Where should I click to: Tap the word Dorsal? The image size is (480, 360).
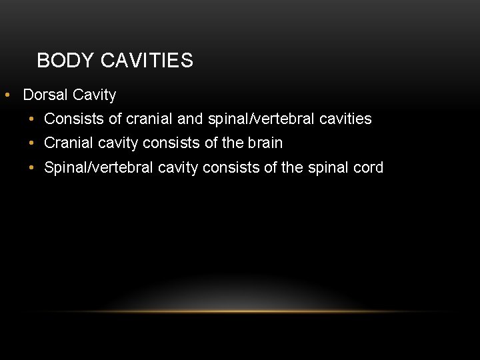coord(45,95)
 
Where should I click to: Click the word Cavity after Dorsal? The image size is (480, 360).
coord(94,95)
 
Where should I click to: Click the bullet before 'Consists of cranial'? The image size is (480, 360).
coord(32,119)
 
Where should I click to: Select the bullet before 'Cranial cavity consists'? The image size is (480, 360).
coord(32,143)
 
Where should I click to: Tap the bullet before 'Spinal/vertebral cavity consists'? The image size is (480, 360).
coord(32,167)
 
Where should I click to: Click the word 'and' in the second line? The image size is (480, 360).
coord(191,119)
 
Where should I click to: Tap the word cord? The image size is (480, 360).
coord(368,167)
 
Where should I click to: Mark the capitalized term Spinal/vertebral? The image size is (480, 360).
coord(99,167)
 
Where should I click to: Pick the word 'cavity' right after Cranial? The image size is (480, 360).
coord(119,143)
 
